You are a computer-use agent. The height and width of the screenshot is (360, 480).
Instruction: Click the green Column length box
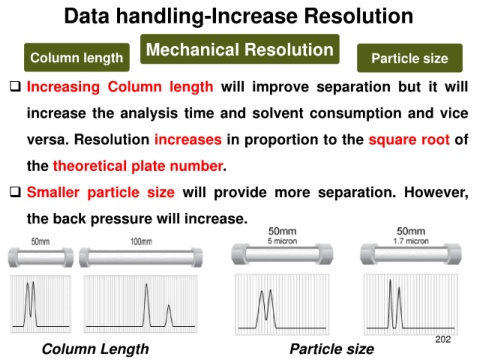coord(77,57)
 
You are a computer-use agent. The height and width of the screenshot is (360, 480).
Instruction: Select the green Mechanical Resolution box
coord(240,49)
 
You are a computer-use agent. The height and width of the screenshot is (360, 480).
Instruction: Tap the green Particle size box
coord(410,58)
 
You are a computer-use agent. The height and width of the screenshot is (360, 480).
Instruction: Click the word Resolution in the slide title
coord(359,16)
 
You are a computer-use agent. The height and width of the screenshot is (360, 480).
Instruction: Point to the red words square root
coord(409,140)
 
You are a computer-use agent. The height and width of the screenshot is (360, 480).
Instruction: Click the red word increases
coord(188,139)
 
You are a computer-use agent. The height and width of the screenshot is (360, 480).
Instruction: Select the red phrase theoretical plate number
coord(138,166)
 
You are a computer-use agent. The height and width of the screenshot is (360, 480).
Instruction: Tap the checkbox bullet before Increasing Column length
coord(15,87)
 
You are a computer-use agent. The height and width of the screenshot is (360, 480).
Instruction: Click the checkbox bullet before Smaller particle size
coord(15,192)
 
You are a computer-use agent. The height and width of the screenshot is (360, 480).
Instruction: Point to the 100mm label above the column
coord(141,241)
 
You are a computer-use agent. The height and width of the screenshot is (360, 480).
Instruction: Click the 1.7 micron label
coord(411,241)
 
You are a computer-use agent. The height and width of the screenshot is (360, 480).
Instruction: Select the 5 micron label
coord(282,241)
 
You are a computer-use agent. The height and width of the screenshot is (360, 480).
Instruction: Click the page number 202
coord(443,339)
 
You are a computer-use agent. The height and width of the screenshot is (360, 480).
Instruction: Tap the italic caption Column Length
coord(95,349)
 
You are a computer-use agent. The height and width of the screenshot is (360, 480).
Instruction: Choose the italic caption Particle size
coord(332,349)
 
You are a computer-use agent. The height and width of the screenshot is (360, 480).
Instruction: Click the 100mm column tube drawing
coord(141,257)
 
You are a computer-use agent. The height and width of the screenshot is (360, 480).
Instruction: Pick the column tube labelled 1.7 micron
coord(411,254)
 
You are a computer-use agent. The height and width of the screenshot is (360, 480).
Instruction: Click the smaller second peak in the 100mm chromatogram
coord(169,315)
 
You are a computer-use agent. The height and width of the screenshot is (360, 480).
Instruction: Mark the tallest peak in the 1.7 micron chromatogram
coord(390,303)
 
